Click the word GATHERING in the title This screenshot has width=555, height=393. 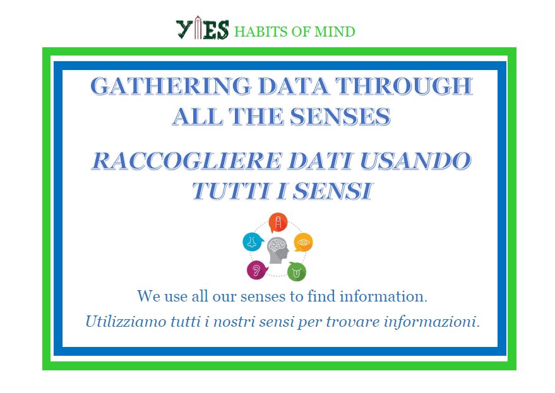171,86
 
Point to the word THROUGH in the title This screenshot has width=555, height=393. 404,86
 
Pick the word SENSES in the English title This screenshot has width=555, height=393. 340,116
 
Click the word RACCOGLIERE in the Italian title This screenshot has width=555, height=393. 187,161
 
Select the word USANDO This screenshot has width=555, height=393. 415,161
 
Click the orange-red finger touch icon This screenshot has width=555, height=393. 278,223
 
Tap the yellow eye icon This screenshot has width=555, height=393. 303,242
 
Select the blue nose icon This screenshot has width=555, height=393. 253,242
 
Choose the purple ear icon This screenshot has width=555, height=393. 257,270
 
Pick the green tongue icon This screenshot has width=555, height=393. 297,272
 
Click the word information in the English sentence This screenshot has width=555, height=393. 383,296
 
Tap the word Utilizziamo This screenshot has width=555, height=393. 126,322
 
